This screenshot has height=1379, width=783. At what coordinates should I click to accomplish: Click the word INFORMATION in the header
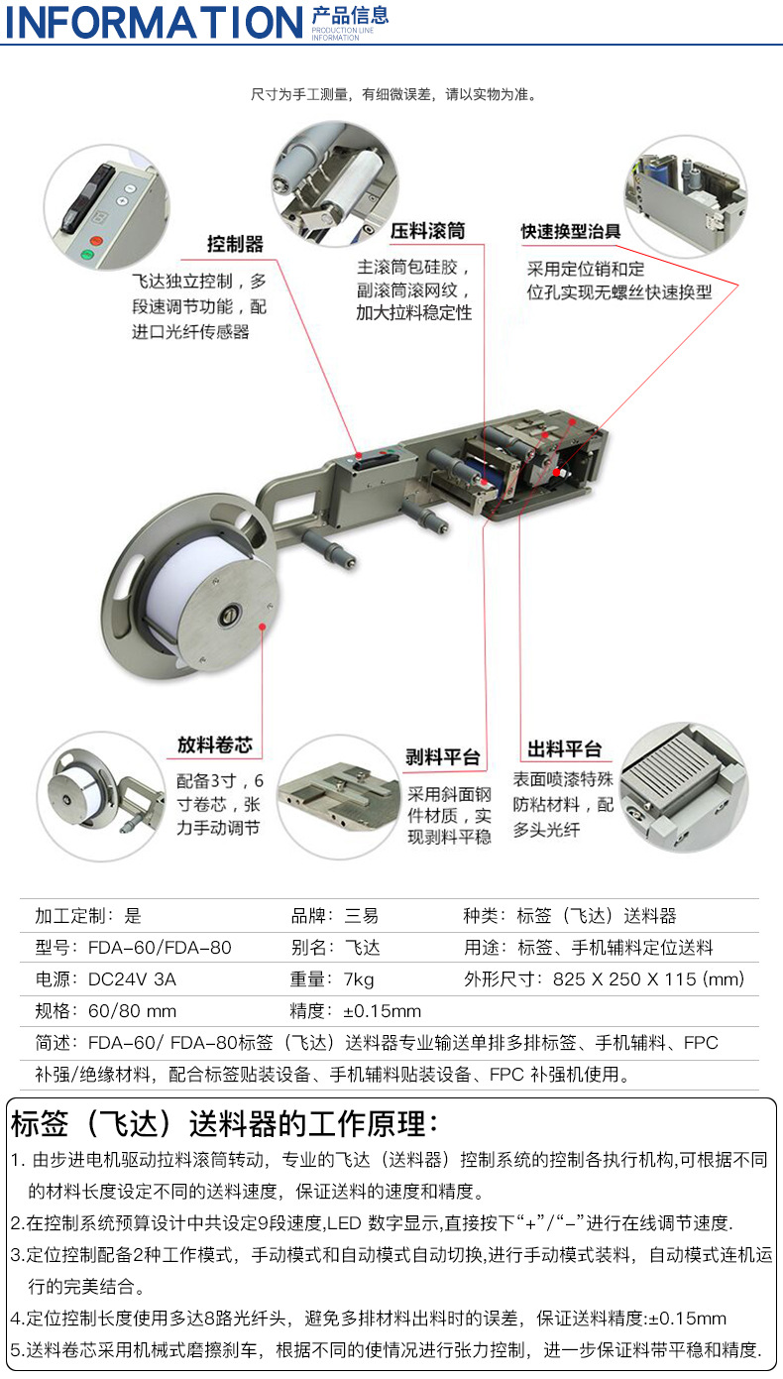point(154,22)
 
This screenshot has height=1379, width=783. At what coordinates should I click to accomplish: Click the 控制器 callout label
point(235,244)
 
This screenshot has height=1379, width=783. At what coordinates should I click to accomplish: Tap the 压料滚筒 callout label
point(426,231)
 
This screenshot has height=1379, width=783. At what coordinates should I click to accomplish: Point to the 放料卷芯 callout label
point(215,745)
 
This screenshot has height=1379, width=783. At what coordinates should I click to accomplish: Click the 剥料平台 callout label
point(442,757)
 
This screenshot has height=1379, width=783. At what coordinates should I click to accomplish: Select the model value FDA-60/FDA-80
point(160,948)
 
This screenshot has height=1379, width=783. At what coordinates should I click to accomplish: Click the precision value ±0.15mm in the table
point(383,1011)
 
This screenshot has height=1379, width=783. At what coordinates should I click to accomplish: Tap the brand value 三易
point(361,916)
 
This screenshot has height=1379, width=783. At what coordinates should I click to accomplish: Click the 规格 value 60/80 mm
point(133,1011)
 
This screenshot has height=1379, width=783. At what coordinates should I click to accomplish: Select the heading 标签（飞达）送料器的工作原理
point(224,1124)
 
